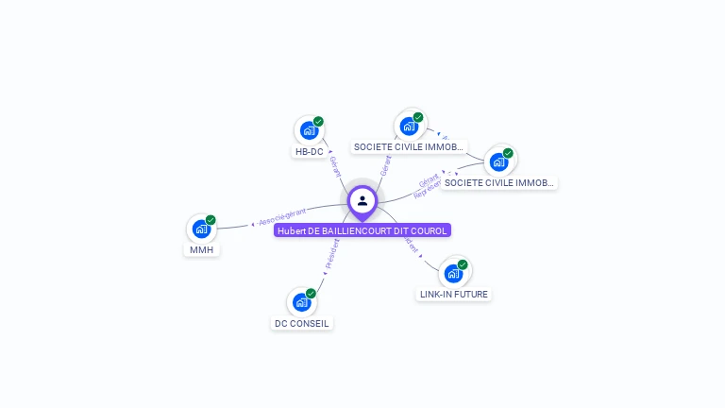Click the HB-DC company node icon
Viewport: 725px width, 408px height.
(x=308, y=130)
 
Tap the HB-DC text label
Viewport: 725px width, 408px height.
(x=309, y=151)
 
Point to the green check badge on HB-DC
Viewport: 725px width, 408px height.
(x=319, y=121)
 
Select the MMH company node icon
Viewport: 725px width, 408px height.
(x=200, y=229)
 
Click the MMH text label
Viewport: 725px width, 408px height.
(x=201, y=249)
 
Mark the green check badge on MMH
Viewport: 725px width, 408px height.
(x=211, y=220)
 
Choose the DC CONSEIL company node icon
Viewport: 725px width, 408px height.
(x=300, y=302)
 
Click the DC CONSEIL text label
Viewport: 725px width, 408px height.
(x=302, y=323)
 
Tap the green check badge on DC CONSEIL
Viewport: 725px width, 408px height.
(x=311, y=294)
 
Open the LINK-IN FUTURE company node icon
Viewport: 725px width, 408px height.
(x=453, y=274)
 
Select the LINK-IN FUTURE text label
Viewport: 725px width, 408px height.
(x=454, y=295)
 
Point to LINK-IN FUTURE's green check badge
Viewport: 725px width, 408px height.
(x=463, y=265)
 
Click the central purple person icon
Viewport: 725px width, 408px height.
(x=362, y=200)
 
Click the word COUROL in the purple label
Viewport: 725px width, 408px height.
(x=430, y=230)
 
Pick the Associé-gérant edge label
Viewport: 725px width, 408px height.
(x=282, y=216)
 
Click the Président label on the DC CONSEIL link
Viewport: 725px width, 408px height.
(x=331, y=254)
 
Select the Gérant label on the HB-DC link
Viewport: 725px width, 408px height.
(x=335, y=166)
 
